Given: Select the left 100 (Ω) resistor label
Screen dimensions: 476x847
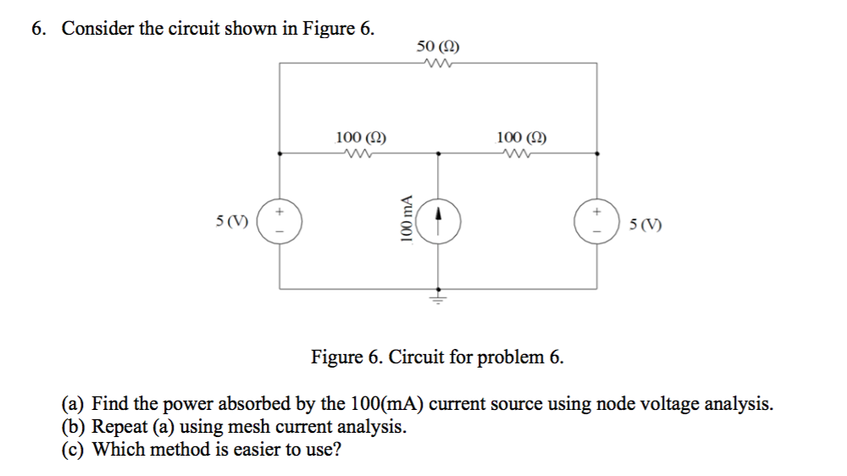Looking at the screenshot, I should pos(362,136).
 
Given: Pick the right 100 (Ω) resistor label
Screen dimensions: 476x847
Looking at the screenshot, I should pos(521,136).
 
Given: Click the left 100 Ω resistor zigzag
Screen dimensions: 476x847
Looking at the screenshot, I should pos(356,153).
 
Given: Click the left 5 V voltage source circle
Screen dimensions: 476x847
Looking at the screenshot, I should pos(280,221).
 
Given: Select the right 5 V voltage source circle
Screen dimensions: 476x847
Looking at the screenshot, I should pos(598,221).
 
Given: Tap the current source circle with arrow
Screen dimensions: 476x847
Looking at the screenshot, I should pos(439,221).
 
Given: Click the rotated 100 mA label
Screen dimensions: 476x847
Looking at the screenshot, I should pos(407,220).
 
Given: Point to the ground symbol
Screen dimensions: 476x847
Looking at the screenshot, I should pos(439,297).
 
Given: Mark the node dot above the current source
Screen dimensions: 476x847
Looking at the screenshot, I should pos(439,154).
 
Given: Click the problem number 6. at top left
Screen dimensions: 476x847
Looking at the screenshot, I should pos(39,29).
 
